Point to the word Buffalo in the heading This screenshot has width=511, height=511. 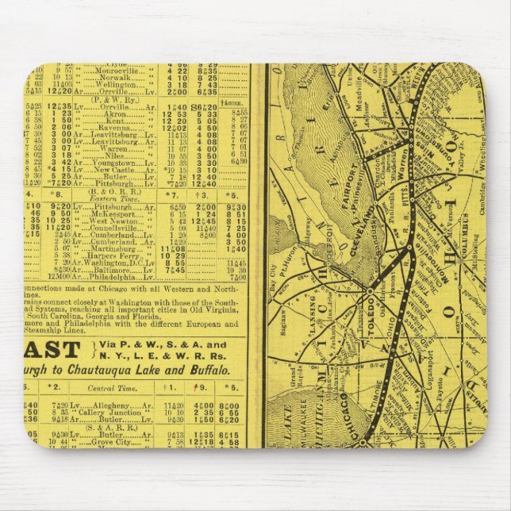pos(212,370)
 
